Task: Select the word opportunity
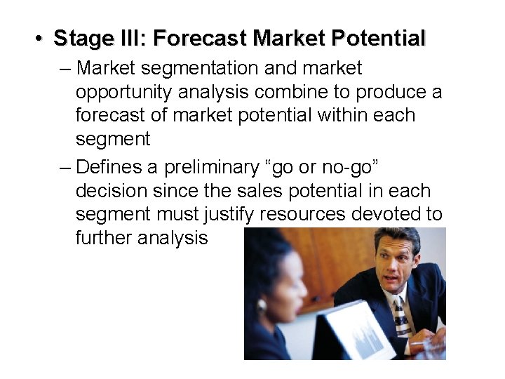(x=121, y=93)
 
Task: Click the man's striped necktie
(x=401, y=316)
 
